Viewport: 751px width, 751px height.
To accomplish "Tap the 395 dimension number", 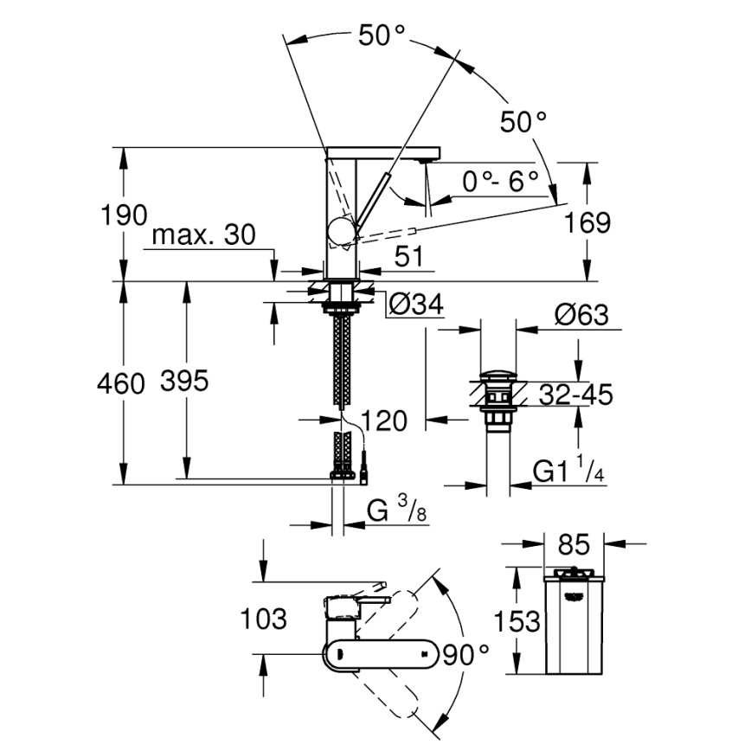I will [x=184, y=382].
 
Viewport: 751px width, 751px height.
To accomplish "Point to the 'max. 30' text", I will [x=204, y=235].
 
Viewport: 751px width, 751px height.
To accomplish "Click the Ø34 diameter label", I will [x=414, y=305].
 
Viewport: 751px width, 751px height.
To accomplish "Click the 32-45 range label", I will [x=574, y=395].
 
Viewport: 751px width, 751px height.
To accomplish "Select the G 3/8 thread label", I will [x=396, y=511].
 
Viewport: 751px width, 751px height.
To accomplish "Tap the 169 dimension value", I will [x=587, y=222].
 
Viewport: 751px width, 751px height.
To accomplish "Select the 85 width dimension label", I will [x=573, y=545].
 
